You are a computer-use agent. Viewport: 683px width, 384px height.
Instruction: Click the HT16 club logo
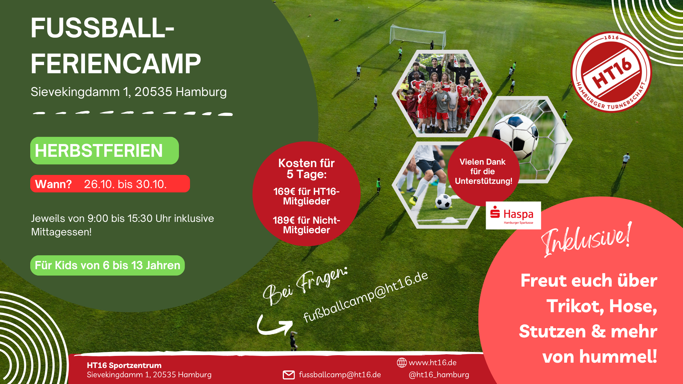[x=611, y=72]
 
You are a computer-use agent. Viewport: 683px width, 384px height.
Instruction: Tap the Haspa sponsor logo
[x=513, y=215]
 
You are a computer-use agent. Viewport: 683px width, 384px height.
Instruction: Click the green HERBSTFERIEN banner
[x=105, y=150]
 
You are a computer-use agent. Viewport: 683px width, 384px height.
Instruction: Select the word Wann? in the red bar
[x=53, y=184]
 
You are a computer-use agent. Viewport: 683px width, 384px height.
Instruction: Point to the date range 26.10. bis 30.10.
[x=125, y=184]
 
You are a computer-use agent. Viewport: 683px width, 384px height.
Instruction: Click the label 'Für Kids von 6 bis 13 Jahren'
[x=107, y=265]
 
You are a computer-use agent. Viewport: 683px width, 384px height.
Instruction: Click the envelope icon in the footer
[x=288, y=375]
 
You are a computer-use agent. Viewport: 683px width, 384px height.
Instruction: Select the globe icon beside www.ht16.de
[x=402, y=363]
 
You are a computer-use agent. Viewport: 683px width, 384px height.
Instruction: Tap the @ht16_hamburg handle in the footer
[x=439, y=375]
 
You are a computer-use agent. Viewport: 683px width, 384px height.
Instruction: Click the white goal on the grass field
[x=418, y=36]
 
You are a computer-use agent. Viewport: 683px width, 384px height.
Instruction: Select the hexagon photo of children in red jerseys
[x=442, y=93]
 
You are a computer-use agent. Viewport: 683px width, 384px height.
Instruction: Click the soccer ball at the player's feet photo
[x=443, y=202]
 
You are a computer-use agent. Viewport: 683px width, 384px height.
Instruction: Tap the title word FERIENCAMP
[x=116, y=64]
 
